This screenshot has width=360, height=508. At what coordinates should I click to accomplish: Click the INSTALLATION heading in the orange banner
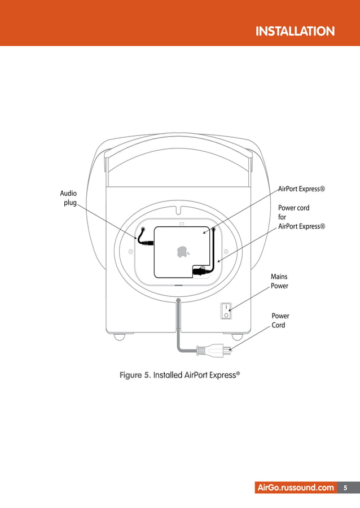[295, 31]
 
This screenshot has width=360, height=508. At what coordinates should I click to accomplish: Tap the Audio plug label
[68, 198]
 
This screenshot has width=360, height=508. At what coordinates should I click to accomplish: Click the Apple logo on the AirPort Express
[182, 251]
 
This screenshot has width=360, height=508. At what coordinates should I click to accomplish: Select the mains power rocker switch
[226, 310]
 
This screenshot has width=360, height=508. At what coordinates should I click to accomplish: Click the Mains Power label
[279, 281]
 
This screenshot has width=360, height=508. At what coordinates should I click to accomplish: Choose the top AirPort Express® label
[302, 189]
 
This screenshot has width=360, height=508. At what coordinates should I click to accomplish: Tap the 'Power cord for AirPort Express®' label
[301, 217]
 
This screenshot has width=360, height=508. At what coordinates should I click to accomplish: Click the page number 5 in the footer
[345, 488]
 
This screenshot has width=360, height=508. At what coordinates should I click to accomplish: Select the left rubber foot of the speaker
[119, 336]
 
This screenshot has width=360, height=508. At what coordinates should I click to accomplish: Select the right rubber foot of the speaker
[237, 336]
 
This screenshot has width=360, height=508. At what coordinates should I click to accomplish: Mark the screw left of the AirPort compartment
[131, 251]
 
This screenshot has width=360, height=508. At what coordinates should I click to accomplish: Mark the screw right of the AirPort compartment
[226, 251]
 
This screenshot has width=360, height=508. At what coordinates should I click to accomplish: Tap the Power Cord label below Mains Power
[280, 321]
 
